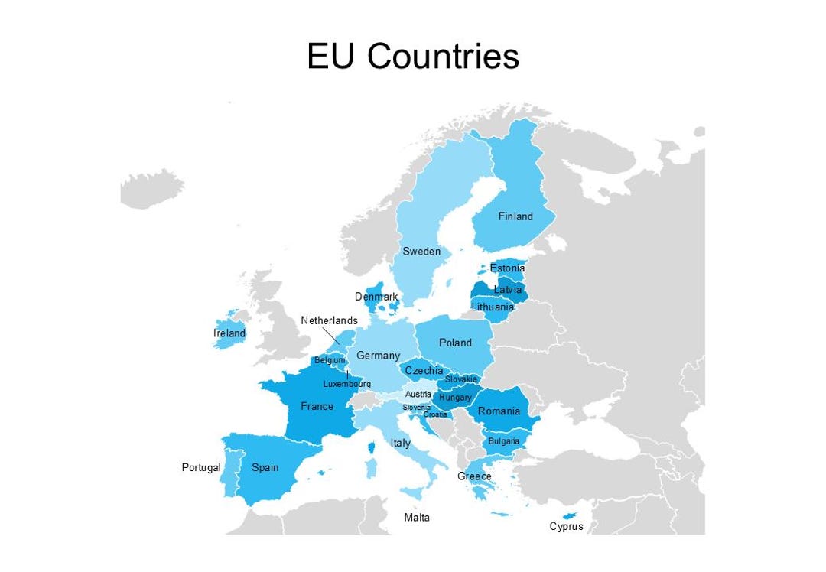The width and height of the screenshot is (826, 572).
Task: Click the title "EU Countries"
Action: point(413,57)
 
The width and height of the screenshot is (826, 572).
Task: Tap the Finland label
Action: point(515,216)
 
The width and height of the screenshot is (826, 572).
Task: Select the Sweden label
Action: point(421,252)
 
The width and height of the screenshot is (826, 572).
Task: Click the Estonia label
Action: point(507,268)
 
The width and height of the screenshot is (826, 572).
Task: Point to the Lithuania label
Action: point(493,307)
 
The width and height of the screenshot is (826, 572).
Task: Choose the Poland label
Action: point(455,343)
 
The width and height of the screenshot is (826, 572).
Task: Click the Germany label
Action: point(378,356)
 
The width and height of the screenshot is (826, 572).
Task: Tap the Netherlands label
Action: point(329,320)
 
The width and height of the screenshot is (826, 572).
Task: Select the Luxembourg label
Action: point(346,384)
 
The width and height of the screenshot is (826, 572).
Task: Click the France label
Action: point(317,406)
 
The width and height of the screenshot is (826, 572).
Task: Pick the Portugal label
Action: point(201,467)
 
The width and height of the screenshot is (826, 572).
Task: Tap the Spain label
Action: point(265,466)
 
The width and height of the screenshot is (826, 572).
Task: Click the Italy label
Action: point(400,443)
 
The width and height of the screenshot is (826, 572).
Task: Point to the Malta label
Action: point(417,518)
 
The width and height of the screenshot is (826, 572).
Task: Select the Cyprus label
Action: point(566,526)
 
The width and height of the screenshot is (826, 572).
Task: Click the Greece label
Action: point(474,476)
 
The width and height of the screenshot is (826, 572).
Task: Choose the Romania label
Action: point(499,411)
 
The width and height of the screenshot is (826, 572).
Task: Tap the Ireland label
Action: point(229,333)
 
